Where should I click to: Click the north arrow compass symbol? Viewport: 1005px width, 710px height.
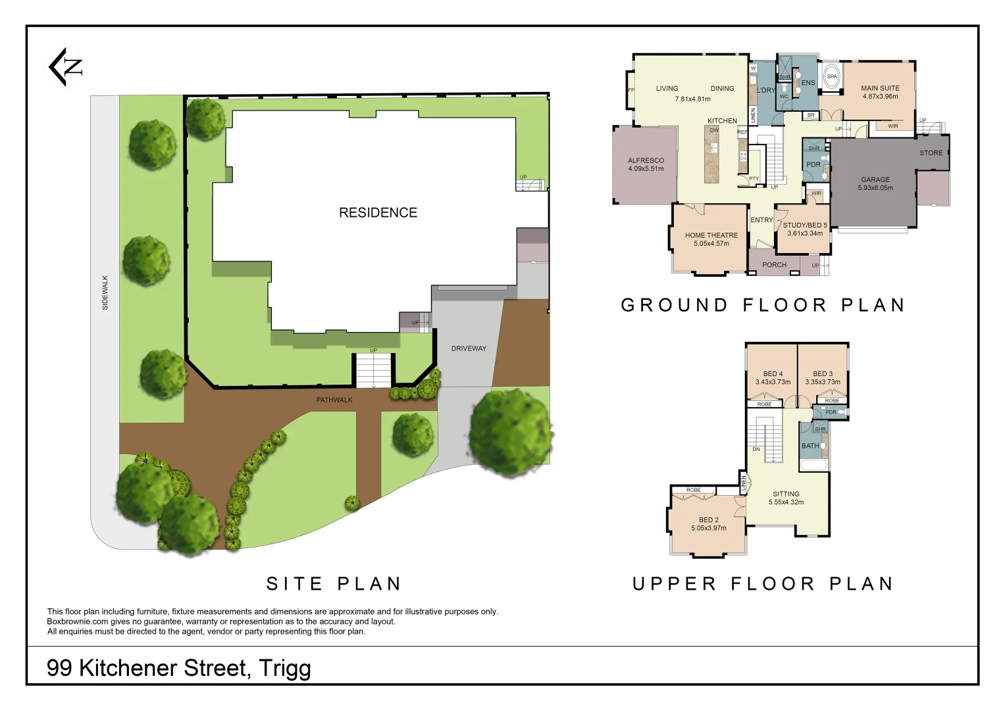tap(66, 66)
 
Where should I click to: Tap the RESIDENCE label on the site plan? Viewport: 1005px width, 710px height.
tap(378, 212)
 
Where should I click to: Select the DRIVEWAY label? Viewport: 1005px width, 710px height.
tap(469, 348)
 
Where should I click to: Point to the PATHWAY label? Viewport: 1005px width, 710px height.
tap(334, 400)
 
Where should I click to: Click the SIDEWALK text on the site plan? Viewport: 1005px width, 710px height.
tap(105, 293)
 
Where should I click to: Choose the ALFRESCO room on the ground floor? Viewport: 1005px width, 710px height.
tap(646, 164)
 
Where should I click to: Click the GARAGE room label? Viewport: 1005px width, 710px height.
tap(875, 183)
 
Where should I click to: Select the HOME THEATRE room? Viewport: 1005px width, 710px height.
tap(711, 239)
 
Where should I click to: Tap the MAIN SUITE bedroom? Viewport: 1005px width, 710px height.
tap(879, 92)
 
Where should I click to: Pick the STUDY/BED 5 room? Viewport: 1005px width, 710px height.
tap(804, 229)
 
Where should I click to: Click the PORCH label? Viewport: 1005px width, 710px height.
tap(774, 265)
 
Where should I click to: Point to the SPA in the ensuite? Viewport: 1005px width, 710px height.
tap(832, 77)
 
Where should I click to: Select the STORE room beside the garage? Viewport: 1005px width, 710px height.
tap(931, 153)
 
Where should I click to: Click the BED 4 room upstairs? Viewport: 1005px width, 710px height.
tap(773, 377)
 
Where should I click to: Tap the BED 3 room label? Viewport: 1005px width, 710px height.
tap(822, 373)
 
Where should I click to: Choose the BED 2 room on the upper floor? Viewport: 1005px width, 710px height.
tap(708, 523)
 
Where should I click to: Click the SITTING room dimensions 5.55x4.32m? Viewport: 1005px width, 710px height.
tap(786, 502)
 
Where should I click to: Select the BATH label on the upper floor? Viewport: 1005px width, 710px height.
tap(810, 446)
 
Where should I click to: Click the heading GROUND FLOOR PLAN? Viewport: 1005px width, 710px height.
tap(763, 305)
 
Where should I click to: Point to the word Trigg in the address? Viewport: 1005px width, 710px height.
tap(284, 668)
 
